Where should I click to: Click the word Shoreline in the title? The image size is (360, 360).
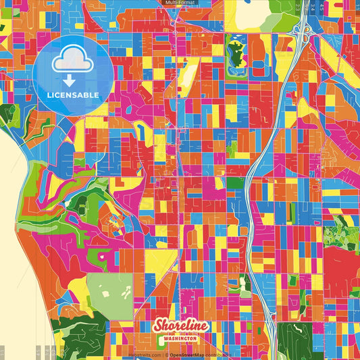180,326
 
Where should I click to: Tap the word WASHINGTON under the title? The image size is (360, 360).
181,339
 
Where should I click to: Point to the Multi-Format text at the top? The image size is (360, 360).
180,3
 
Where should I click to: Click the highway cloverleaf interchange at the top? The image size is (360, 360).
301,30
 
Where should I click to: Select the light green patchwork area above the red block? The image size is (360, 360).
340,234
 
